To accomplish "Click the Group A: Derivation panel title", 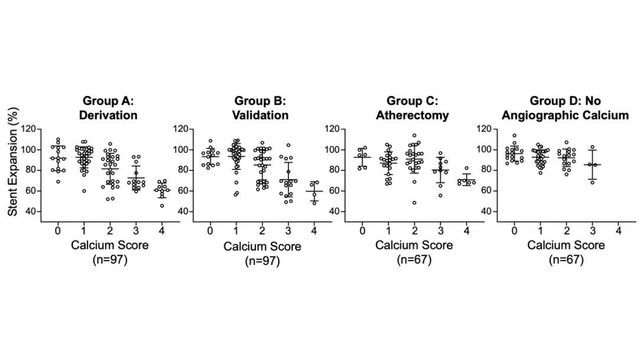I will (x=109, y=108).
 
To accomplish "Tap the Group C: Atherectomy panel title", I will (x=412, y=108).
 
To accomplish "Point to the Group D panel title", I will (x=565, y=108).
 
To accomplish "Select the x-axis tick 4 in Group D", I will (x=618, y=230).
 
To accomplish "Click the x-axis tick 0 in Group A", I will (x=58, y=230).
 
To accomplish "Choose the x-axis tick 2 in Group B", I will (x=262, y=230).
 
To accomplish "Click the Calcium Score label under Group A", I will (x=109, y=245).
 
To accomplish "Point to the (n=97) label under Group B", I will (x=262, y=260).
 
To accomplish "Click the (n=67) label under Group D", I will (x=566, y=259).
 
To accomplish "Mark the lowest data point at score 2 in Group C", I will (x=414, y=202).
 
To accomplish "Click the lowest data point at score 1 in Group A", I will (x=85, y=191).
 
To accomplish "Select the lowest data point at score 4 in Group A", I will (x=162, y=205).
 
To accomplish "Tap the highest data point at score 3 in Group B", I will (x=289, y=145).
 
